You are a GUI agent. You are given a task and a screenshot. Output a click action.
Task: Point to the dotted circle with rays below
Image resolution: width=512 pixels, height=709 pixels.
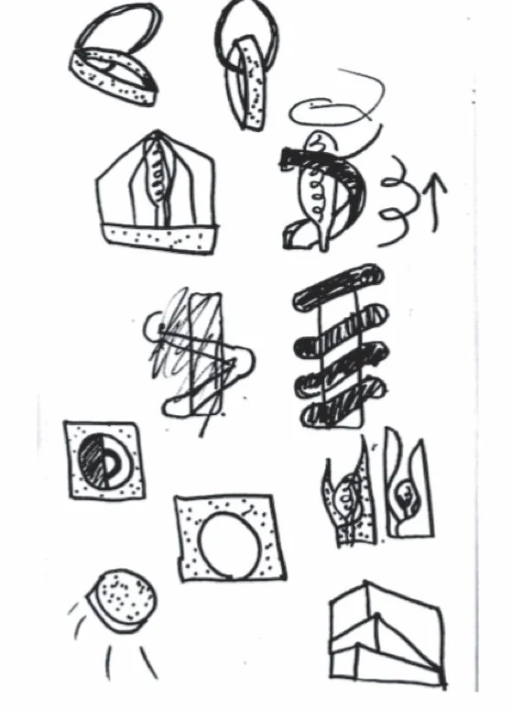(119, 601)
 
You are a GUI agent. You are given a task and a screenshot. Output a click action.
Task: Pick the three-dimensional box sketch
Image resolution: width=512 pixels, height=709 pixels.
(385, 633)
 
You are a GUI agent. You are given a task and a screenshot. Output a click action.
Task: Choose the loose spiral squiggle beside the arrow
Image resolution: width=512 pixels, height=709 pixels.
(397, 198)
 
